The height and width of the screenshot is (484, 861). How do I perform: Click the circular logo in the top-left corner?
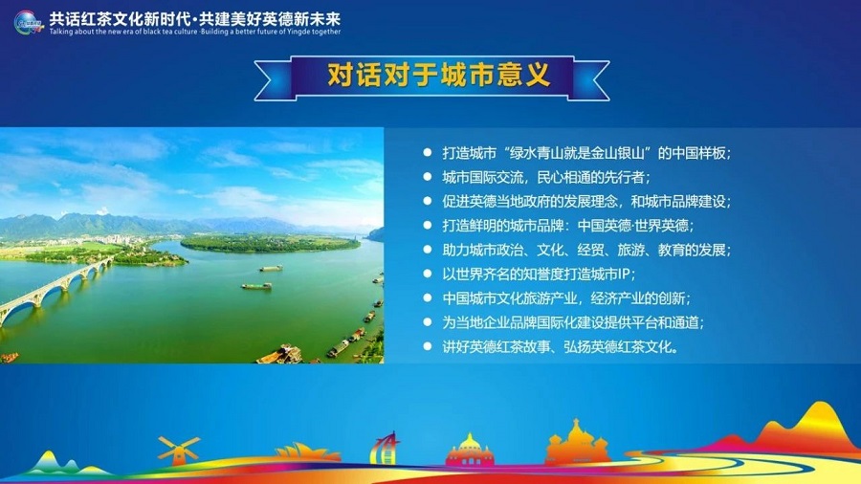coord(28,20)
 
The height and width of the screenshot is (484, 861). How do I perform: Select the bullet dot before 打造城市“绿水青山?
coord(427,153)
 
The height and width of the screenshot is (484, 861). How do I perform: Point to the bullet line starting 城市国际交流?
coord(545,177)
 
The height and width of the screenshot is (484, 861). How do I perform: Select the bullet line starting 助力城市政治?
coord(585,250)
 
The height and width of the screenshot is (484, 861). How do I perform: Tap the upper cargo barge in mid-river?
coord(271,268)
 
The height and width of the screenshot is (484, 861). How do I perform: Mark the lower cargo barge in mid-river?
coord(255,285)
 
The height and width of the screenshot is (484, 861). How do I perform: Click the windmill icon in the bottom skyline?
coord(179,450)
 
